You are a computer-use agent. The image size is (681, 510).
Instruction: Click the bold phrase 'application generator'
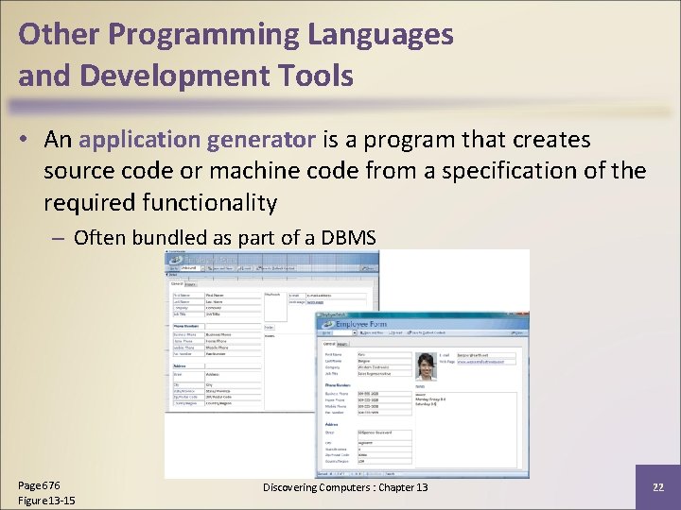[x=198, y=140]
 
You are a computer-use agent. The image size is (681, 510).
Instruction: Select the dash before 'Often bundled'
[x=60, y=237]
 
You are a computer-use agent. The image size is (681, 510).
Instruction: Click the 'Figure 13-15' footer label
[x=46, y=500]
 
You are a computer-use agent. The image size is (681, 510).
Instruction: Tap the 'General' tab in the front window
[x=330, y=344]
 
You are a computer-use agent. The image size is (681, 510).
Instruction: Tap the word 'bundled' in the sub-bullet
[x=166, y=237]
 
